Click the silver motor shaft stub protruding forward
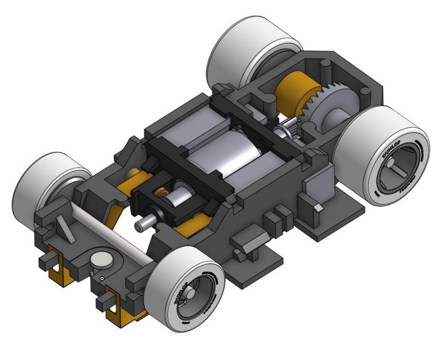click(x=144, y=224)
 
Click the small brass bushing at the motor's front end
click(x=161, y=194)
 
